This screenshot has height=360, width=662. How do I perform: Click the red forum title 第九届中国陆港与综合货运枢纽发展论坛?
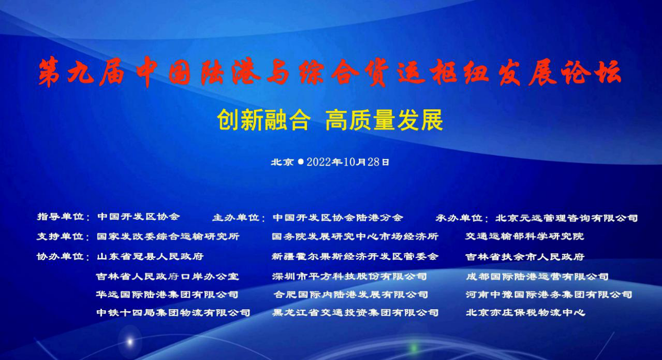pos(330,72)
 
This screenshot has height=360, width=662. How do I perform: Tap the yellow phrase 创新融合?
pos(264,120)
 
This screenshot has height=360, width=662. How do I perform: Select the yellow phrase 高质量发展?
pos(384,120)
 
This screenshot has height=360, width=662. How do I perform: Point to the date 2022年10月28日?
pos(348,162)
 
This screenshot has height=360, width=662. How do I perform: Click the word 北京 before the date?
pos(282,162)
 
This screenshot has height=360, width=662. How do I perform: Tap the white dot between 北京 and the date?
pos(301,162)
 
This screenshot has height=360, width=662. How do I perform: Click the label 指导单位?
pos(61,217)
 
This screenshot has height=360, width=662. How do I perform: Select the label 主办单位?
pos(236,218)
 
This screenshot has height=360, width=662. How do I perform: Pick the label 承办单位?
pos(459,218)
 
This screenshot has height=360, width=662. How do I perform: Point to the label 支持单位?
pos(61,237)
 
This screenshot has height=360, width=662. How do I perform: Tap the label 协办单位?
pos(61,256)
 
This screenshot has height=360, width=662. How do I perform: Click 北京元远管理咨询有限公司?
pos(566,218)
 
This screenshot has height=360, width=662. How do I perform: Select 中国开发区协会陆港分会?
pos(338,218)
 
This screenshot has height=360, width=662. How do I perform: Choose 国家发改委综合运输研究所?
pos(168,237)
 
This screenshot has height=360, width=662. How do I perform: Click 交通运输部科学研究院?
pos(525,237)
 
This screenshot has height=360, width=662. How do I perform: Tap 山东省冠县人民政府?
pos(151,256)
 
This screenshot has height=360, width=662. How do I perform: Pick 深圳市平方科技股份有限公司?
pos(349,276)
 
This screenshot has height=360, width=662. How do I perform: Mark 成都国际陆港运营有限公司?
pos(537,277)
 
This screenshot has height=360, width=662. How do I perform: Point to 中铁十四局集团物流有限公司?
pos(174,313)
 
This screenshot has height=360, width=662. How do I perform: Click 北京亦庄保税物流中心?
pos(526,313)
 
